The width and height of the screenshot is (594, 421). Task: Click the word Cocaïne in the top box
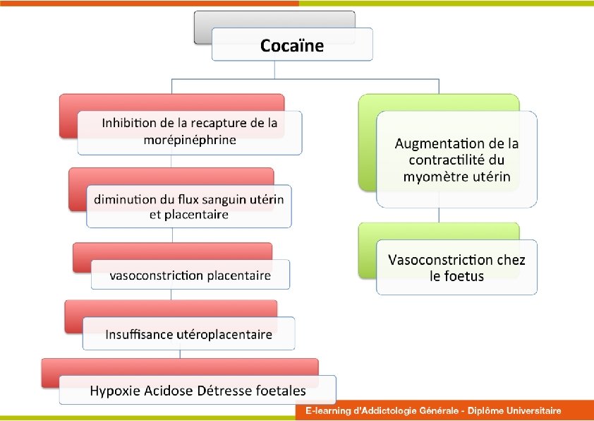pos(292,46)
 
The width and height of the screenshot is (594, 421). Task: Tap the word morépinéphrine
pos(190,139)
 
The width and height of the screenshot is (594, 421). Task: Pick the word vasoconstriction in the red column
pos(156,275)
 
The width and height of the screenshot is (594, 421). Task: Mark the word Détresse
pos(227,391)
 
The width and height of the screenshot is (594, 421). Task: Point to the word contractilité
pos(450,160)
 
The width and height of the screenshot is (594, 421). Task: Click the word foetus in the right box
pos(466,276)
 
